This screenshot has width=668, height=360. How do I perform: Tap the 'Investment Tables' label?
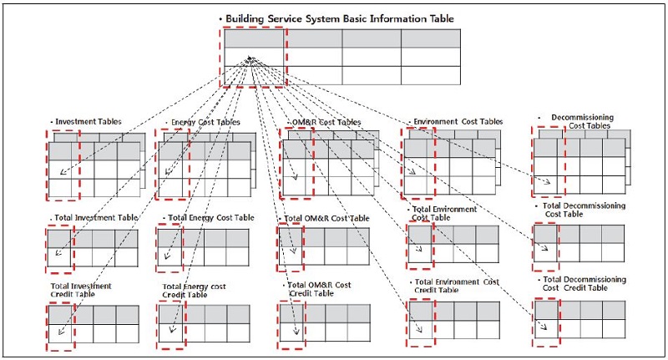click(x=87, y=122)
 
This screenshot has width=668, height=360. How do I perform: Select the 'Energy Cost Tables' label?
click(x=204, y=122)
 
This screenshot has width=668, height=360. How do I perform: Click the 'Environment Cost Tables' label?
click(x=457, y=122)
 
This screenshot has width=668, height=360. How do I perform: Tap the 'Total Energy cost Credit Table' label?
click(x=198, y=291)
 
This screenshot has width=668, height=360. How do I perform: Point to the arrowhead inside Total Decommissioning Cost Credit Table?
click(x=547, y=326)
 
